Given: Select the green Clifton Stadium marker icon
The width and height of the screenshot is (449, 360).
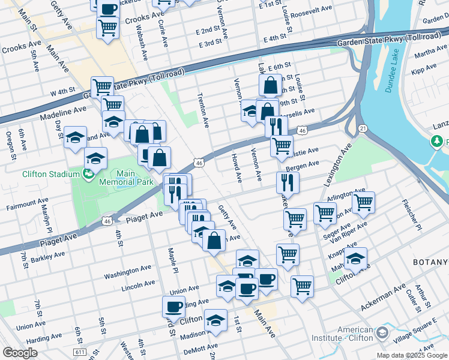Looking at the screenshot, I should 89,174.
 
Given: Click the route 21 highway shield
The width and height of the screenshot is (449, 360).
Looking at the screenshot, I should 363,128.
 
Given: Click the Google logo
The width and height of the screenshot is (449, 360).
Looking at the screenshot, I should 20,353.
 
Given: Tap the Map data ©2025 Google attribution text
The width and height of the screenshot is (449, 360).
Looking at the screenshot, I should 412,355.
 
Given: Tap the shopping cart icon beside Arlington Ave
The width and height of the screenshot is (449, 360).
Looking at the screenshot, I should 363,203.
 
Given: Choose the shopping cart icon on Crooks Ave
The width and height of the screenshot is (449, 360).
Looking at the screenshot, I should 108,26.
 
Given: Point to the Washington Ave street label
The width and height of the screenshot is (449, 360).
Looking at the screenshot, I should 125,275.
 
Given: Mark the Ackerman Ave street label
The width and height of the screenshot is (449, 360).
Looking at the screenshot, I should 383,298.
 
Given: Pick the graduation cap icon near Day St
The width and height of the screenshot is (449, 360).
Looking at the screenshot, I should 75,137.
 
